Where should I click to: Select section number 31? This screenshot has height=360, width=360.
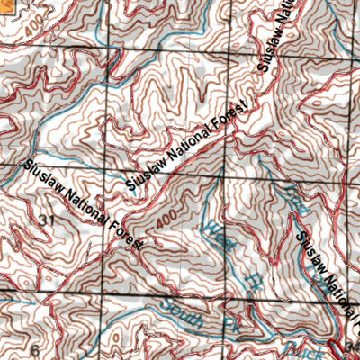click(48, 220)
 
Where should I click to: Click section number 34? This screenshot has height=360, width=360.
click(352, 346)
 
